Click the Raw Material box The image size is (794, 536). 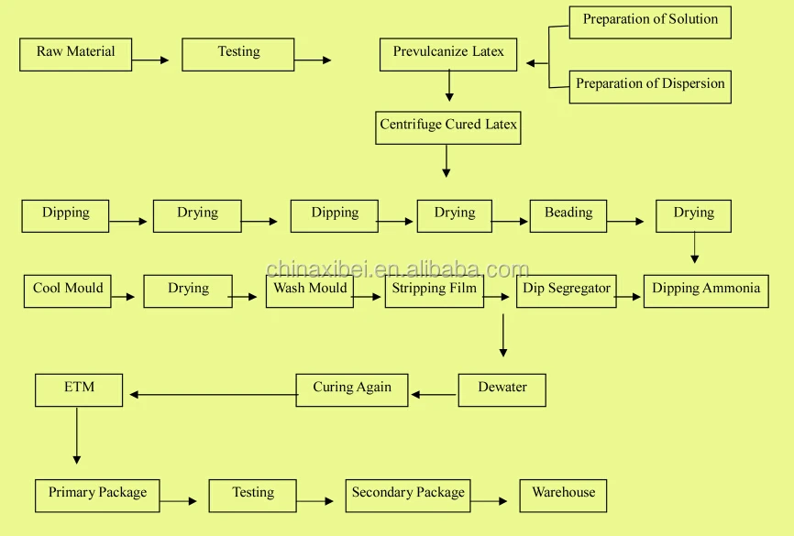[x=75, y=54]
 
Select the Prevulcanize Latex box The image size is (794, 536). [x=448, y=54]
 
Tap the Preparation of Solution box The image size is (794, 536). [x=650, y=22]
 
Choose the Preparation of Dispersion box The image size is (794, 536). [x=650, y=86]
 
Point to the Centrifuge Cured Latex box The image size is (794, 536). [x=448, y=127]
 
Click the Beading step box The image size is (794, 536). [x=568, y=215]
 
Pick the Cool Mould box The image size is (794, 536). [x=68, y=290]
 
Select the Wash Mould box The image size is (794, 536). [x=310, y=290]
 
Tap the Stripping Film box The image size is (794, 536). [x=435, y=290]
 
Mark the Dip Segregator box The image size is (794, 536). [x=567, y=290]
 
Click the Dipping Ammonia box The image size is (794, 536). [x=706, y=290]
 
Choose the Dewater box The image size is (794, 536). [x=502, y=389]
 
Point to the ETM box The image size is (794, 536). [x=79, y=389]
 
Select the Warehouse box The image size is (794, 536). [x=563, y=495]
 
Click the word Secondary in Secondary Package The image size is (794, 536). [x=380, y=493]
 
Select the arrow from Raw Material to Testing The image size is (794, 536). [x=150, y=60]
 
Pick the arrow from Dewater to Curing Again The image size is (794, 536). [x=434, y=395]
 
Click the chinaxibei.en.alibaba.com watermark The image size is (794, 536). [x=397, y=269]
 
